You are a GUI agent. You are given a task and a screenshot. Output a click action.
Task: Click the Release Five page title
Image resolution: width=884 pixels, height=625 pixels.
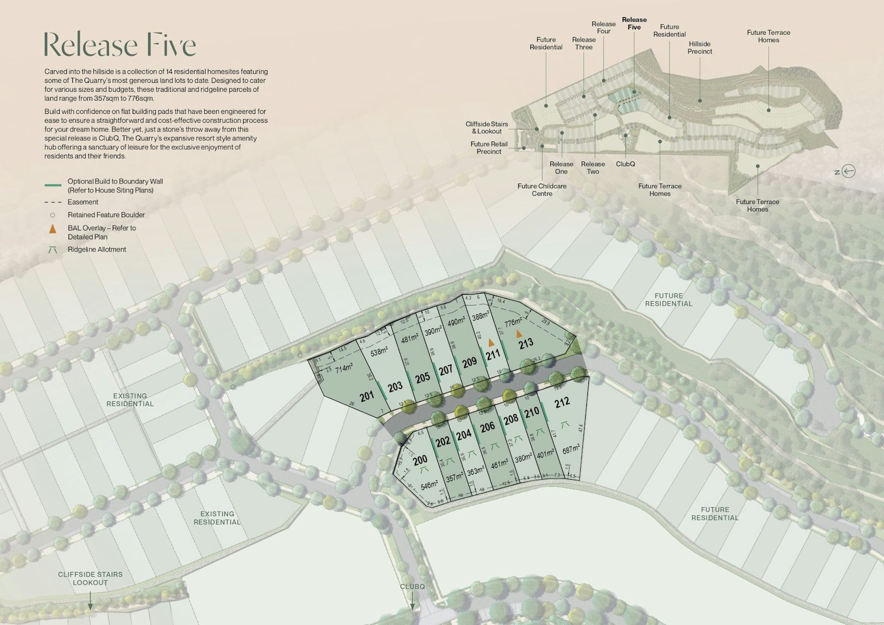point(120,45)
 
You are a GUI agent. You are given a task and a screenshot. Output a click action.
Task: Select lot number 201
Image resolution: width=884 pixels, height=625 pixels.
point(367,396)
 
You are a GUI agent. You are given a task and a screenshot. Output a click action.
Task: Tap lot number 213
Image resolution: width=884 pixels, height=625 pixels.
point(526,343)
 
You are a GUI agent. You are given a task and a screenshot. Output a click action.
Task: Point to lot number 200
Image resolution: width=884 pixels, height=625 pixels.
point(420,460)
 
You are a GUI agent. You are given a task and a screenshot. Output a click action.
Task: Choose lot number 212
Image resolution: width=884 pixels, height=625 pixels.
point(562,402)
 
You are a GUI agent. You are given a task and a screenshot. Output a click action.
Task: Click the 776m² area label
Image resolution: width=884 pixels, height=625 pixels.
point(513,322)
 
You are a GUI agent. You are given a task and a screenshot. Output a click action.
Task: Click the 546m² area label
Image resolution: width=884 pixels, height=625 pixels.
point(429,486)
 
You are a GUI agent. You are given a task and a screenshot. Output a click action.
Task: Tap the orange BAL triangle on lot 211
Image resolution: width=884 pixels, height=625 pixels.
point(491,343)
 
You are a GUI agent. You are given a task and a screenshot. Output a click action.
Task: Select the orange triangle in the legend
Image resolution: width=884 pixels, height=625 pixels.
point(52,229)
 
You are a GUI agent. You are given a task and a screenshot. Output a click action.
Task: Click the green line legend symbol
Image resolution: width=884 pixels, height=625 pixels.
point(52,185)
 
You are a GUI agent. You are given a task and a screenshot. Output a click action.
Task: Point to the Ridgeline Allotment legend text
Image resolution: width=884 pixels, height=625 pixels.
point(97,250)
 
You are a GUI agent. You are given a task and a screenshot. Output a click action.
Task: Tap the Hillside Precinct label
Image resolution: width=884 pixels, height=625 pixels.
point(699,48)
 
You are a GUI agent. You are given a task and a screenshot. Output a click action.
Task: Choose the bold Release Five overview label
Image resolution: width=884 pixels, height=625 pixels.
point(634,23)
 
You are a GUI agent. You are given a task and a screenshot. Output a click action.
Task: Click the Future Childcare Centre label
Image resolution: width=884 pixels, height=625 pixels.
point(542,190)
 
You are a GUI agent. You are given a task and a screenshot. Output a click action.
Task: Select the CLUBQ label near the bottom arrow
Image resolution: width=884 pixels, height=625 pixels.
point(412,587)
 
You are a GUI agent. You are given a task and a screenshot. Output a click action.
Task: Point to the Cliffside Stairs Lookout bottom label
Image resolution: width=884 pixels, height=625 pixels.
point(91,579)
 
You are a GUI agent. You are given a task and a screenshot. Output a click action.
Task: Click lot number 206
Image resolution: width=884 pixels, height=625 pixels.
point(487,427)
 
